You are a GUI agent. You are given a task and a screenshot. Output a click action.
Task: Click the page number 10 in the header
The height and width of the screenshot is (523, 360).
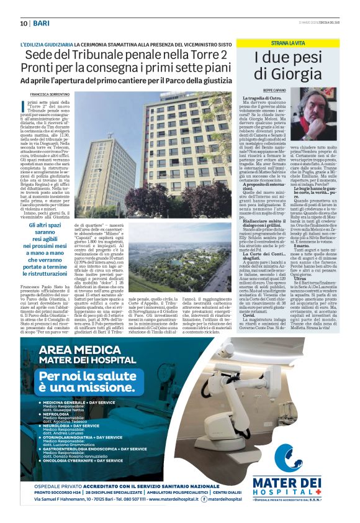point(24,23)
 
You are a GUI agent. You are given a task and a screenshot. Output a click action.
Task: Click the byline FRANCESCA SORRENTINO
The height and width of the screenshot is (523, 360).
point(46,93)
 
